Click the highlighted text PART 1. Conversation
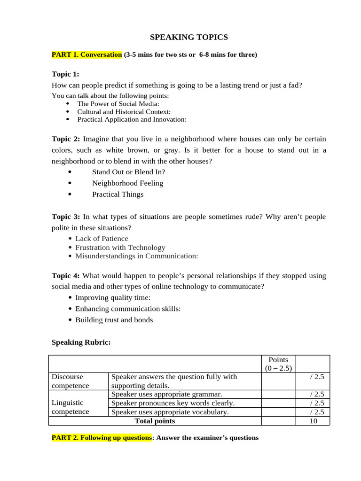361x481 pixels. click(x=86, y=54)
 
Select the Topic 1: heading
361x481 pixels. click(x=65, y=74)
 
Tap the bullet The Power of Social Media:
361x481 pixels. click(x=118, y=103)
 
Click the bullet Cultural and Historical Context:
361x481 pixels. click(x=124, y=112)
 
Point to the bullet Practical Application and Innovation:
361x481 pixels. click(x=132, y=119)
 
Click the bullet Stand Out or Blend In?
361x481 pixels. click(x=128, y=172)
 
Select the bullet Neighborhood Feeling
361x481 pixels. click(x=127, y=183)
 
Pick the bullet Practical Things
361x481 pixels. click(x=118, y=194)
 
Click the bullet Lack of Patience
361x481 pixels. click(x=102, y=239)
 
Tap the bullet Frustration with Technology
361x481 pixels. click(x=120, y=248)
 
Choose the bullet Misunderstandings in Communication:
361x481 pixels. click(x=136, y=256)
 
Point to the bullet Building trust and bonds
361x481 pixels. click(x=114, y=320)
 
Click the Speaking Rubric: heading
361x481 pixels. click(x=81, y=342)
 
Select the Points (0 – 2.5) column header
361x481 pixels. click(x=278, y=364)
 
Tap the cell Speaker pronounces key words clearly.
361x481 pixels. click(x=173, y=403)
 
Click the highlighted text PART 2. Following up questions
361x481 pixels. click(x=102, y=438)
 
